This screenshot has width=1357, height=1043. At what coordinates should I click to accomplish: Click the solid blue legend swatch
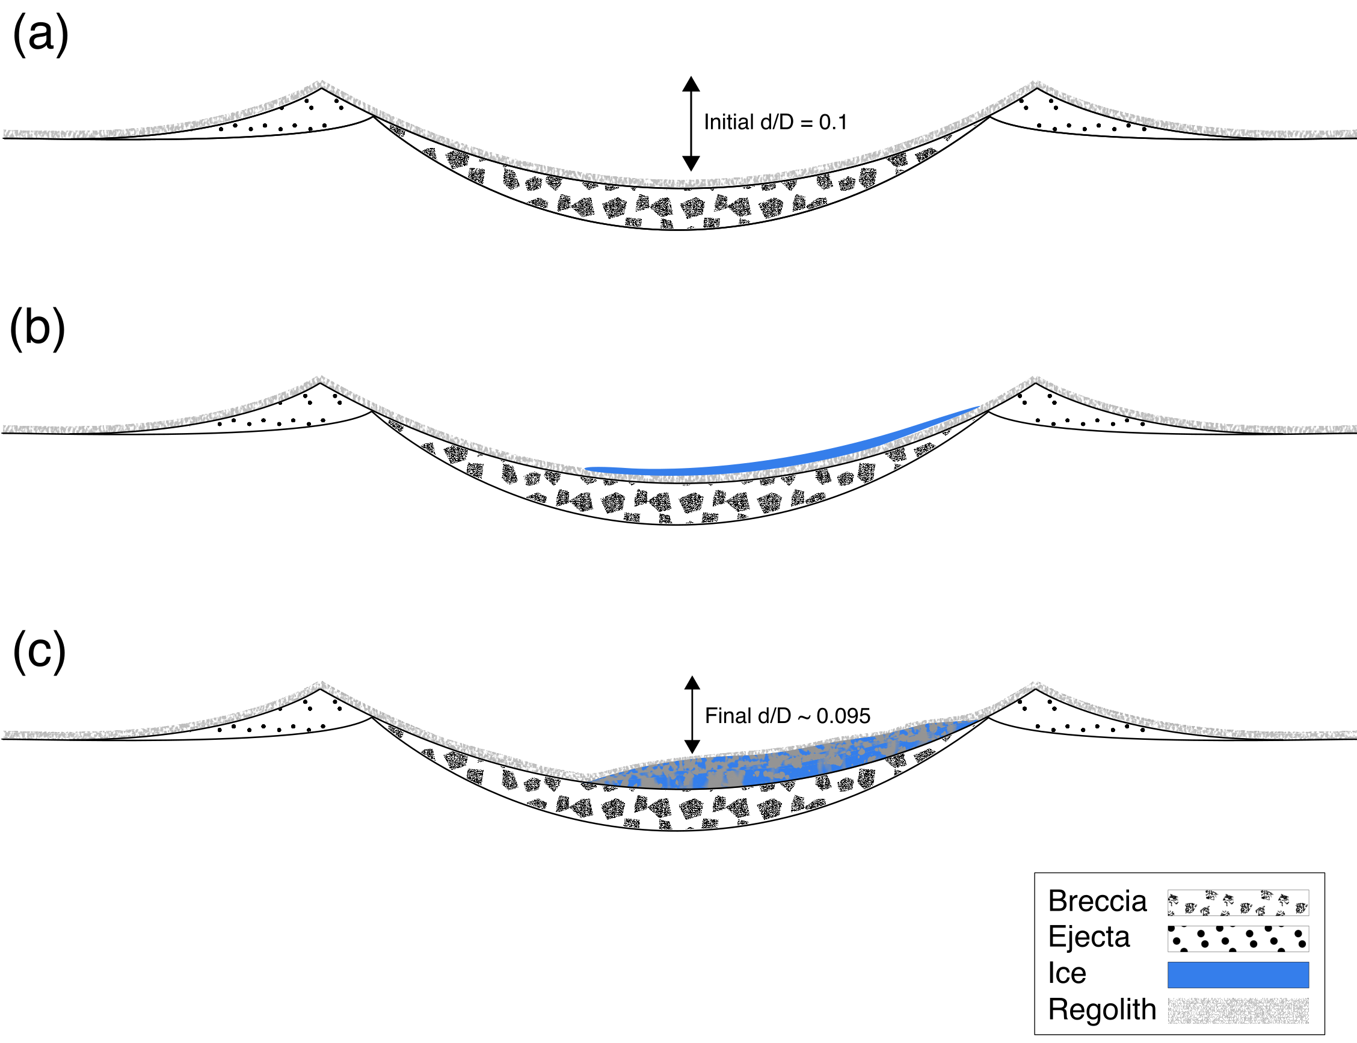pyautogui.click(x=1238, y=974)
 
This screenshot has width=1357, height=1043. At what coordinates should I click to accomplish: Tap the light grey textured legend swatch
pyautogui.click(x=1238, y=1011)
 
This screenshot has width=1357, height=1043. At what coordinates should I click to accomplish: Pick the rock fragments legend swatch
pyautogui.click(x=1238, y=904)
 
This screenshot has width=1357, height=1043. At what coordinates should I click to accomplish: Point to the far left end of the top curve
pyautogui.click(x=5, y=134)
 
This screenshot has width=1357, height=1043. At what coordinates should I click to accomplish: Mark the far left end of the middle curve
pyautogui.click(x=5, y=429)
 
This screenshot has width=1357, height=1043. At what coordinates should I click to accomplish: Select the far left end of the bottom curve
pyautogui.click(x=5, y=734)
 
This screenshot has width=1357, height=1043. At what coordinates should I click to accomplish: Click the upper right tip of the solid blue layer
pyautogui.click(x=977, y=408)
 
